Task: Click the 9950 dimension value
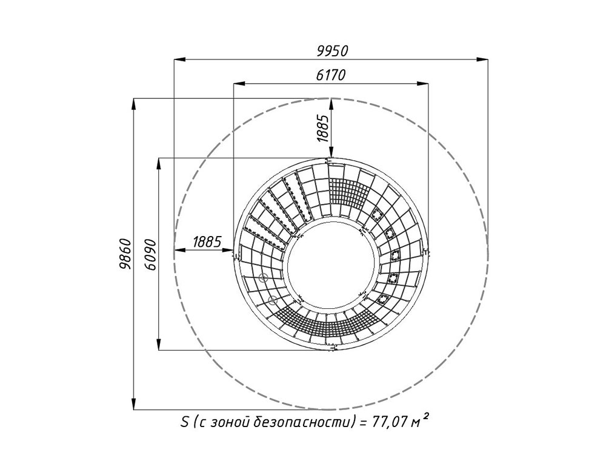point(332,51)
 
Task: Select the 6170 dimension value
point(330,75)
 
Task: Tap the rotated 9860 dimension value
point(125,254)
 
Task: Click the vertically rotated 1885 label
point(322,128)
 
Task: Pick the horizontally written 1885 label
point(207,242)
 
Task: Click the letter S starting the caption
point(184,422)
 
